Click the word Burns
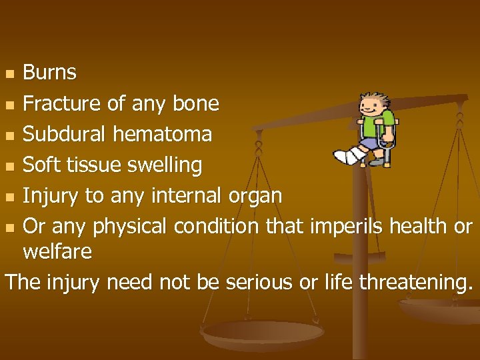pos(49,72)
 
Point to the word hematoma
pos(162,134)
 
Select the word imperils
pos(340,227)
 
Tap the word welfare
pos(57,251)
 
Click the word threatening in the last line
pos(415,283)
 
